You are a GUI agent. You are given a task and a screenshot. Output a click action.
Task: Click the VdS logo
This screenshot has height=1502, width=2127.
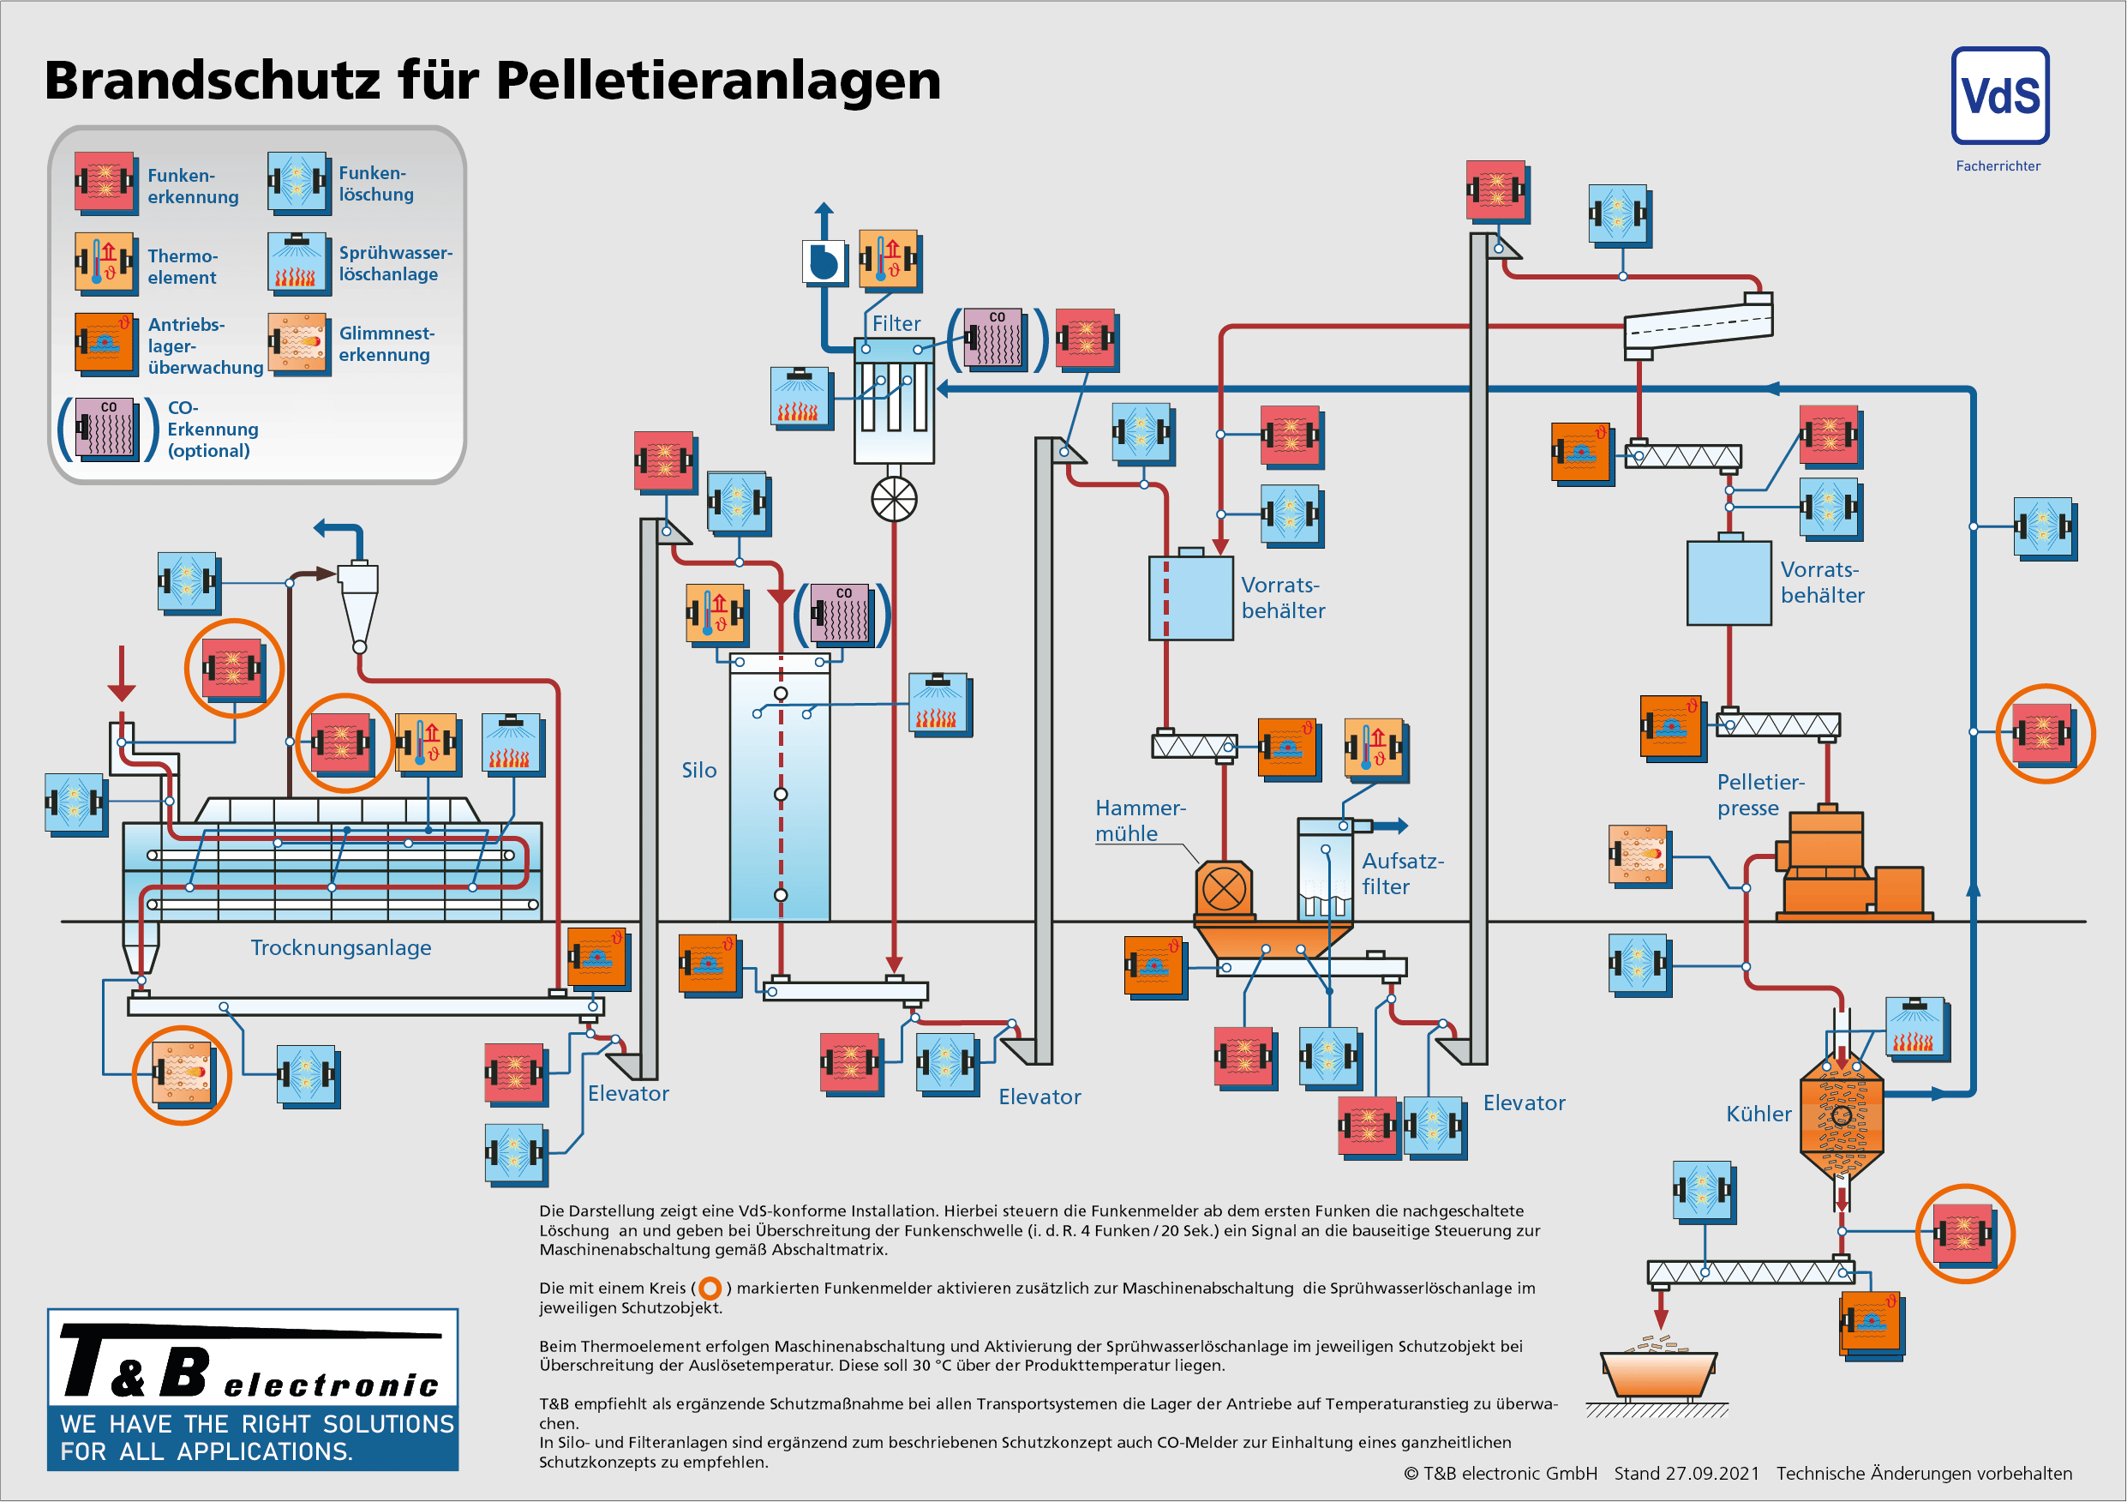coord(1999,96)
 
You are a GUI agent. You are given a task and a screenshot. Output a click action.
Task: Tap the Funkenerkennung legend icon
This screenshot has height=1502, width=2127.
coord(105,183)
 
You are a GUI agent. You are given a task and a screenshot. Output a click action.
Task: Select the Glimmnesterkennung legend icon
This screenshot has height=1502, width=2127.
coord(297,342)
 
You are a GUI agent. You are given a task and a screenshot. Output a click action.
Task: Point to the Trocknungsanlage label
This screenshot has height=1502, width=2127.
coord(340,948)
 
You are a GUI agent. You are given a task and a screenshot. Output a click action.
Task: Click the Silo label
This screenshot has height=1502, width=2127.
coord(698,771)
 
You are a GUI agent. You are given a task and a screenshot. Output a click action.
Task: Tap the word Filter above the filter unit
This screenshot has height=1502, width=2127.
coord(896,324)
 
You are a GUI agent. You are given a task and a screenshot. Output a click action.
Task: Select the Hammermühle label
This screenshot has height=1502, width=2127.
coord(1140,821)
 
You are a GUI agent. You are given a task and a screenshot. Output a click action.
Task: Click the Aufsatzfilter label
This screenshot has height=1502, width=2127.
coord(1402,874)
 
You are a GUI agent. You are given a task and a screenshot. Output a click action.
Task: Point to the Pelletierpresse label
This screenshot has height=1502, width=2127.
coord(1759,795)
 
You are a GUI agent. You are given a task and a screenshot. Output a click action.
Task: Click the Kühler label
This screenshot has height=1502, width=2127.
coord(1758,1114)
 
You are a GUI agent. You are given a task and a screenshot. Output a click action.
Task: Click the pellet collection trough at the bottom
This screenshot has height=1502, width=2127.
coord(1658,1374)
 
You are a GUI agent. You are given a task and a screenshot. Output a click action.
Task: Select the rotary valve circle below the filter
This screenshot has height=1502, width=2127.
coord(894,500)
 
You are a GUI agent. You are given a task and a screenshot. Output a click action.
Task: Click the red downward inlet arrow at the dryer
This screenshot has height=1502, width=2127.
coord(122,675)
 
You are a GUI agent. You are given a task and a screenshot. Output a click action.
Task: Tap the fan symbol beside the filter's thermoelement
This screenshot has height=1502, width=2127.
coord(823,261)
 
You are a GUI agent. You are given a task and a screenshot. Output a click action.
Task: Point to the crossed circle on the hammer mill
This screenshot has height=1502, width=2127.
coord(1223,891)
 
